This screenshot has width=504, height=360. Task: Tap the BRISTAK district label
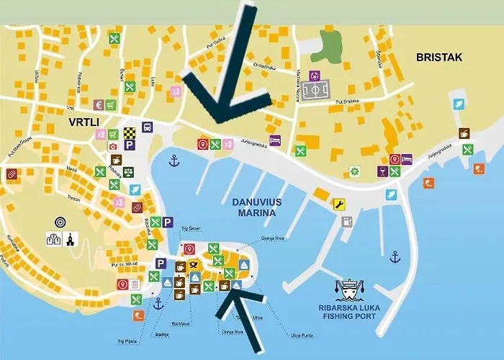coord(439,58)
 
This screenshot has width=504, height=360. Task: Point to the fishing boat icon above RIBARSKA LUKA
coord(349,288)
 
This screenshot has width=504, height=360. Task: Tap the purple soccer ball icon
coord(314,75)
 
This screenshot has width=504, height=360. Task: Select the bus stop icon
coord(147,127)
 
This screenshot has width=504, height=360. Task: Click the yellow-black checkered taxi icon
coord(129,132)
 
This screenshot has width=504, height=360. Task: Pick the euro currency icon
coord(98,105)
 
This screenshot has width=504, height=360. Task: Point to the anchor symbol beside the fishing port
coord(394,256)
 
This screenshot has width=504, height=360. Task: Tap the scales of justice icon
coord(128,171)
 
